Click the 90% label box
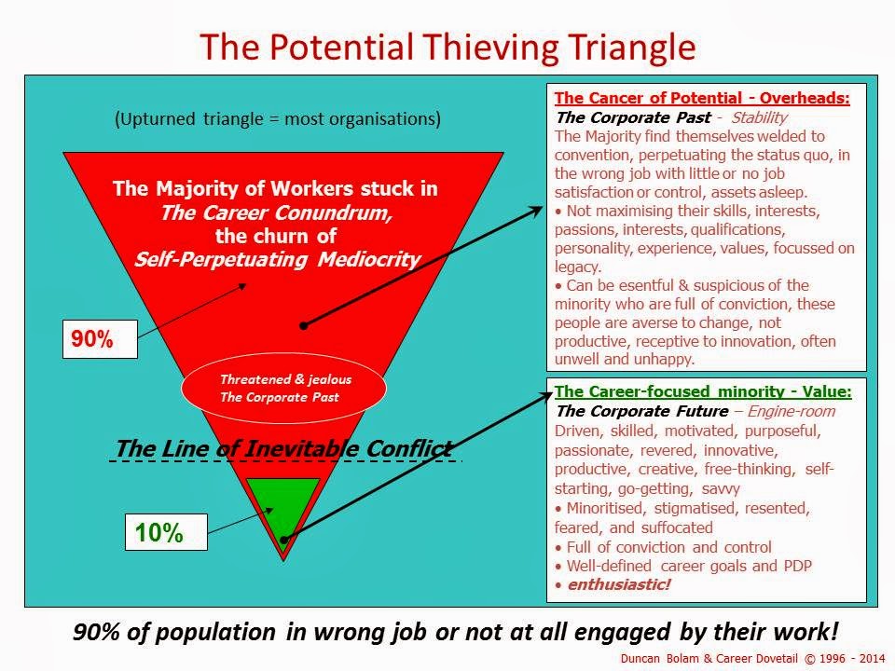(x=100, y=339)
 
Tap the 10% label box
(x=166, y=532)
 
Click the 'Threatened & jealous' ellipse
(x=283, y=388)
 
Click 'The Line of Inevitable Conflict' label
(x=284, y=448)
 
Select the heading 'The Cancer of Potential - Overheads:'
(x=702, y=98)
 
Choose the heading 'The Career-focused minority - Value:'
(x=703, y=391)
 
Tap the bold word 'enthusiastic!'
(x=619, y=584)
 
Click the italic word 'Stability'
(x=759, y=117)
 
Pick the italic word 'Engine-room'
(x=792, y=411)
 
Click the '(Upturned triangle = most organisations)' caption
(x=278, y=118)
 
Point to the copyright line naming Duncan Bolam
(x=753, y=659)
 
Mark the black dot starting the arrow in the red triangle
(x=304, y=326)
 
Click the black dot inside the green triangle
(x=284, y=540)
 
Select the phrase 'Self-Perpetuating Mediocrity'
(x=278, y=260)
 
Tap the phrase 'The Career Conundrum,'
(x=276, y=212)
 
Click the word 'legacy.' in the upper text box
(x=578, y=267)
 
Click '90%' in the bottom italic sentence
(x=96, y=632)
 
